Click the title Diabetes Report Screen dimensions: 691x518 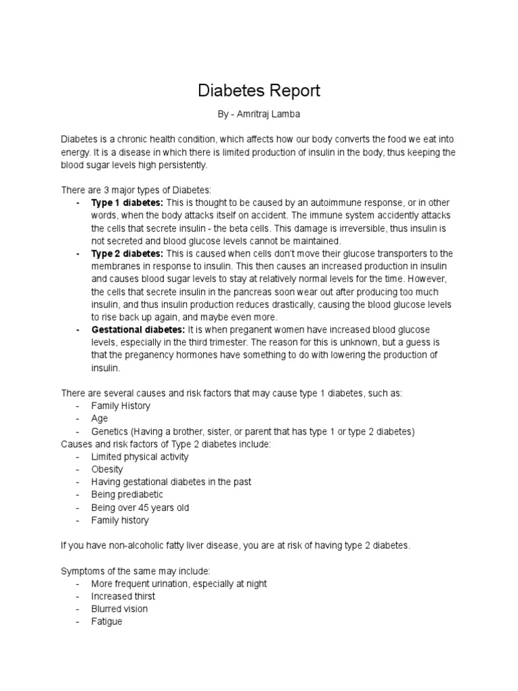click(259, 90)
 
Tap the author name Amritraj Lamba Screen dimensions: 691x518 click(267, 115)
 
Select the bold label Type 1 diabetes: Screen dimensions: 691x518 click(127, 203)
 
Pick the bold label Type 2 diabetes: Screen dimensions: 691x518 click(127, 254)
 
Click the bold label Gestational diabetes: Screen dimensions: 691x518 click(138, 330)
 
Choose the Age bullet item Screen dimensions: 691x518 click(100, 419)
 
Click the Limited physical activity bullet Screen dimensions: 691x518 click(140, 457)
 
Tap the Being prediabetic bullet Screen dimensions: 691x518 click(127, 495)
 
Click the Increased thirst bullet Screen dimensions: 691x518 click(123, 597)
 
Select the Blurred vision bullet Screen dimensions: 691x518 click(120, 609)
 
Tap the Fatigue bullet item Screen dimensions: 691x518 click(107, 621)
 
